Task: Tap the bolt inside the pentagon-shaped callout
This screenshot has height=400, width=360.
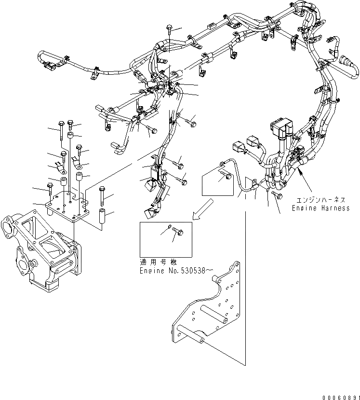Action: coord(224,177)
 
